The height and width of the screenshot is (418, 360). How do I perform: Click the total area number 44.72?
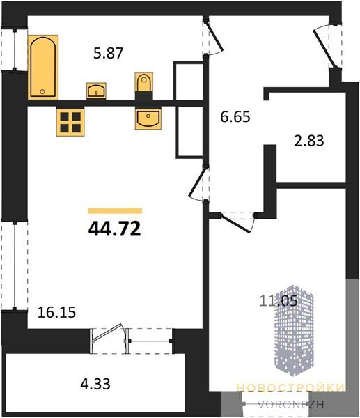coord(115,229)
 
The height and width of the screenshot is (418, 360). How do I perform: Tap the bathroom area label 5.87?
coord(109,53)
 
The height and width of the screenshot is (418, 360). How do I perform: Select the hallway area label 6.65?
coord(235,117)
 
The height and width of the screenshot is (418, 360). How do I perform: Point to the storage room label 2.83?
coord(309,141)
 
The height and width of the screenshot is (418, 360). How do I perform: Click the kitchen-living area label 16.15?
coord(57,312)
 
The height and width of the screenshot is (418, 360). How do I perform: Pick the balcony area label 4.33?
coord(95,384)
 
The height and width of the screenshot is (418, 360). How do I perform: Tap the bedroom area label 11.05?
coord(279,301)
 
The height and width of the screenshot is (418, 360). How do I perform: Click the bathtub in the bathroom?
coord(43,67)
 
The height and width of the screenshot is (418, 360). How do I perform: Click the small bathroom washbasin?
coord(96,91)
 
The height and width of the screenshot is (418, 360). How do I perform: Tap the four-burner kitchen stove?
coord(70,123)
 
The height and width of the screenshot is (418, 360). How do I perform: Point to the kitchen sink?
coord(148,119)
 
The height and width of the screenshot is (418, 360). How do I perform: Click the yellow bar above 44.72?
coord(115,211)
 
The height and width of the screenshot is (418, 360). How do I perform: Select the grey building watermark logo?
coord(294,330)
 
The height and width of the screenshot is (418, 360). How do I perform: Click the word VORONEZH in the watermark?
coord(291,405)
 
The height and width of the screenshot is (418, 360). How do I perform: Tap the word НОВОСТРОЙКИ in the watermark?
coord(290,387)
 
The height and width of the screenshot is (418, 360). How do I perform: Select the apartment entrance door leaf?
coord(323,49)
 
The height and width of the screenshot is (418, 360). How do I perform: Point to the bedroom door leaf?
coord(235,224)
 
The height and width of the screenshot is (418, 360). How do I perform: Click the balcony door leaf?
coord(107,332)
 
